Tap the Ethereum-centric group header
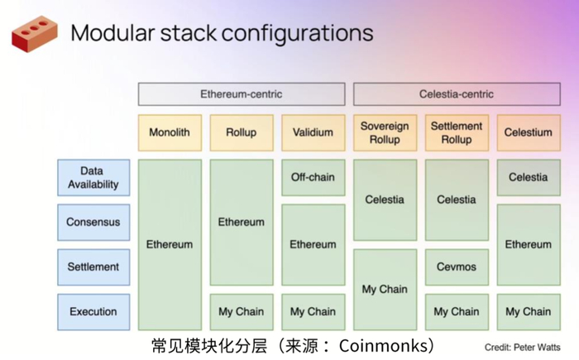(241, 94)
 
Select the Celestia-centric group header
(457, 94)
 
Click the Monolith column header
(170, 132)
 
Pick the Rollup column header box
(241, 132)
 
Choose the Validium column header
(313, 132)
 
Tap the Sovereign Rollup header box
(385, 132)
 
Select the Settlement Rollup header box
(457, 132)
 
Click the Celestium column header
(528, 132)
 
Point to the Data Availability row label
(93, 178)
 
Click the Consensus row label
(93, 223)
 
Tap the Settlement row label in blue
(93, 267)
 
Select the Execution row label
(93, 312)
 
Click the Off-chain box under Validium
(313, 177)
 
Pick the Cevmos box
(457, 267)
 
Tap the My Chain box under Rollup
(241, 312)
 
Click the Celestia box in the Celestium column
(528, 177)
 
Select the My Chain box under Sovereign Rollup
(385, 290)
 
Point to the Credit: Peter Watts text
(524, 347)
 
